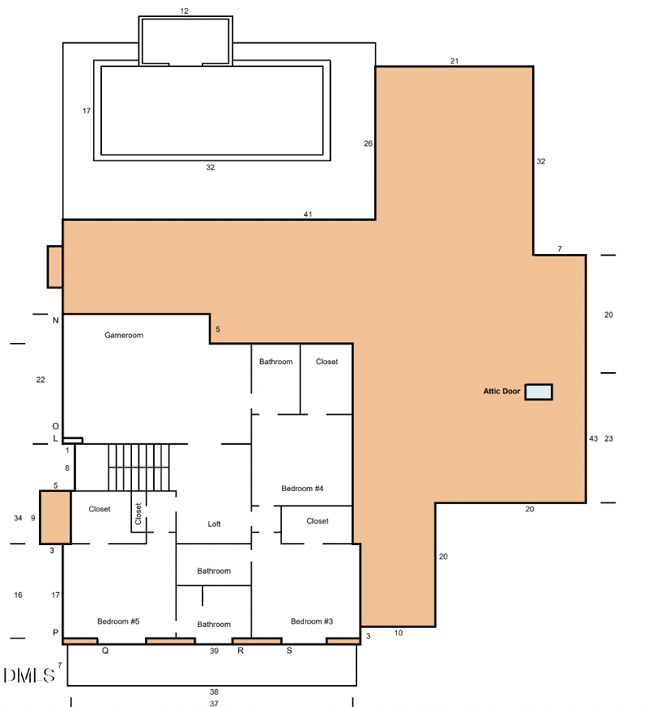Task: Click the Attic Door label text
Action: coord(501,392)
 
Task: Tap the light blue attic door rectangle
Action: coord(539,392)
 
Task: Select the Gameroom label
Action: coord(124,335)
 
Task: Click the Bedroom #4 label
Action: coord(302,489)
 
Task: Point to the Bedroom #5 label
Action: coord(118,621)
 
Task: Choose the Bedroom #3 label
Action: coord(311,621)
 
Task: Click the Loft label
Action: coord(214,524)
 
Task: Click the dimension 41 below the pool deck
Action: coord(308,214)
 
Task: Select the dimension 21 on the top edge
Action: coord(454,61)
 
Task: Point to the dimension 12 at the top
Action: coord(184,11)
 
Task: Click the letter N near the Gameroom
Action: coord(55,321)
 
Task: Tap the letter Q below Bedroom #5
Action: coord(105,651)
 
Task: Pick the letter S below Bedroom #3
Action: coord(289,651)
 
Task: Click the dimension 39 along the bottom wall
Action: coord(214,651)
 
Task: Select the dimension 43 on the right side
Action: coord(593,439)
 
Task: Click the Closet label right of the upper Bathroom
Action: coord(327,362)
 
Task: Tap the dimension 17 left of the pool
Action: coord(86,111)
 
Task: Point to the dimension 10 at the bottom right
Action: coord(399,633)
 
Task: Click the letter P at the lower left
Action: coord(55,633)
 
